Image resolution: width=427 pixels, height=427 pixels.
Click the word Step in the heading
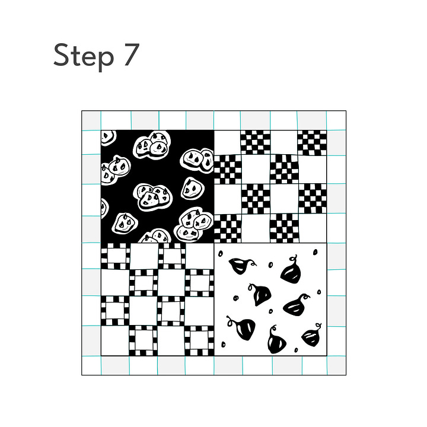tap(84, 56)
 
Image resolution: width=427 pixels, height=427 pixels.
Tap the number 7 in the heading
tap(132, 55)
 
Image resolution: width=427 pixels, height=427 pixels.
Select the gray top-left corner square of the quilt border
tap(91, 120)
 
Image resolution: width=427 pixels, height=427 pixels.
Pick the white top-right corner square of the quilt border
tap(336, 120)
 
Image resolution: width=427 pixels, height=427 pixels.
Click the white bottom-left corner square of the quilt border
tap(91, 365)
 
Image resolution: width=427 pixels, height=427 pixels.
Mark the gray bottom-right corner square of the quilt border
tap(336, 365)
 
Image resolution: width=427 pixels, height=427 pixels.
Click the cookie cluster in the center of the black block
tap(153, 197)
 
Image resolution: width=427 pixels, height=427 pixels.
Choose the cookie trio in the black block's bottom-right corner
tap(193, 224)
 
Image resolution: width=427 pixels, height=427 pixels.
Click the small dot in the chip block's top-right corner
tap(316, 252)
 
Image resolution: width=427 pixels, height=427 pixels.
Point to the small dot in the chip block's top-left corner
tap(221, 254)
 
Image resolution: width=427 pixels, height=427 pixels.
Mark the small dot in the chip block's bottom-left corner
tap(224, 345)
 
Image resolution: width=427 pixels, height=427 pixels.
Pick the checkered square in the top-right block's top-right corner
tap(312, 143)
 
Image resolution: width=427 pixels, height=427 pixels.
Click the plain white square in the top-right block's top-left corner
tap(227, 143)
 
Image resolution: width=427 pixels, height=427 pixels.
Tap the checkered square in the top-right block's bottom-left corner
tap(228, 228)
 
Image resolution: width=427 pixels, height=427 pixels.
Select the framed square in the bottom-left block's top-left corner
tap(116, 256)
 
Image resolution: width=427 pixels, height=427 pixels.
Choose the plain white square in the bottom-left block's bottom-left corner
tap(115, 340)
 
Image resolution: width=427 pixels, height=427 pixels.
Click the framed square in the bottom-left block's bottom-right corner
tap(199, 340)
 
